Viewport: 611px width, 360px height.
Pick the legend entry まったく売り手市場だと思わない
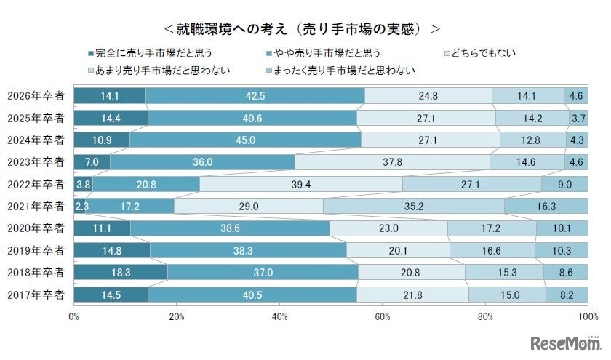(x=343, y=71)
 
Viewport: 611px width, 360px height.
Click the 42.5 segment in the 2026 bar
(x=255, y=96)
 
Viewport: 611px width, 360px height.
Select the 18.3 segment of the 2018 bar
(x=121, y=272)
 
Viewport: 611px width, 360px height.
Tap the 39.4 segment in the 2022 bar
(x=300, y=184)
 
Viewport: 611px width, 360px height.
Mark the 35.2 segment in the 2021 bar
(x=413, y=207)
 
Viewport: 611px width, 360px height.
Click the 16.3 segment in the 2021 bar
(x=546, y=207)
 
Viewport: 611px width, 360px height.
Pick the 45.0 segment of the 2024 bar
(x=245, y=140)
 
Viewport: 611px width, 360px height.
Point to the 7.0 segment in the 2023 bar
(x=92, y=162)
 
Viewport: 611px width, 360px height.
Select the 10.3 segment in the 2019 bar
(x=561, y=250)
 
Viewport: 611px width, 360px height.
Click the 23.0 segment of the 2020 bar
(x=388, y=228)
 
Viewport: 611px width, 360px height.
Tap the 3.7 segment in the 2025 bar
(x=578, y=118)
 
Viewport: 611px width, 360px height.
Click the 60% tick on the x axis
(x=383, y=317)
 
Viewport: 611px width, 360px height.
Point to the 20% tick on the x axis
(x=177, y=317)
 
